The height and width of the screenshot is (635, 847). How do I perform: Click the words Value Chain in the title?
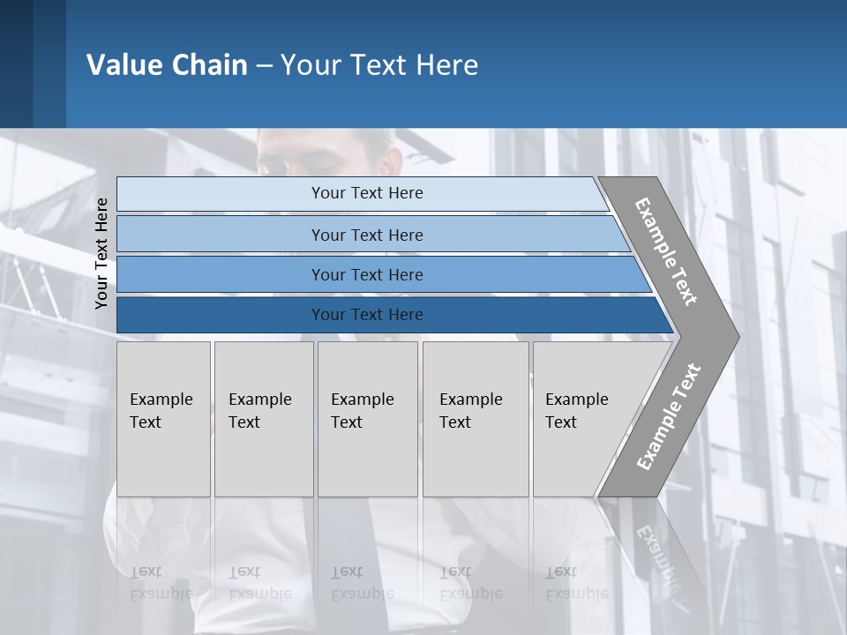[167, 65]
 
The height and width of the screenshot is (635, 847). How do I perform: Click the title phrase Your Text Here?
[379, 65]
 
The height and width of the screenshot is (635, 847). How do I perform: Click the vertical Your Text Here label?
[102, 253]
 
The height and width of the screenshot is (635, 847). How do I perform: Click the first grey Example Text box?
[163, 419]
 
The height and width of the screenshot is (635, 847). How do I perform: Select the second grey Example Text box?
[264, 419]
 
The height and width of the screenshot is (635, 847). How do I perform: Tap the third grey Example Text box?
[367, 419]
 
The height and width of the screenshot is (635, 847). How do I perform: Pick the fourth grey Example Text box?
[476, 419]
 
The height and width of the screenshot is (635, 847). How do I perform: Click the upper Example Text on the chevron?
[666, 251]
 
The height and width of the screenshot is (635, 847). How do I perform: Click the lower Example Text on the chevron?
[668, 416]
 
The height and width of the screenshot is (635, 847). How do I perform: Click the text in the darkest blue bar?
[367, 315]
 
